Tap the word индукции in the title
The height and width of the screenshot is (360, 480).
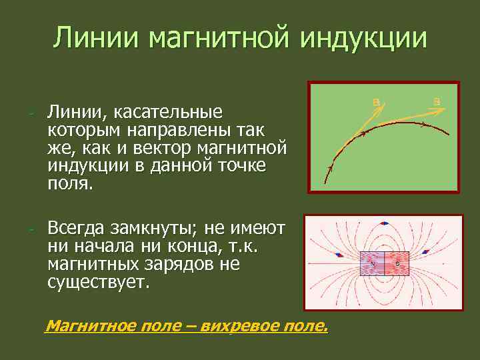click(x=363, y=38)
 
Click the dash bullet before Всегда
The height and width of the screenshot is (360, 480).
click(x=31, y=230)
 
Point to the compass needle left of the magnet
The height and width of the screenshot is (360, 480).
click(x=339, y=255)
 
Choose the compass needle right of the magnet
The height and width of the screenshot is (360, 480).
click(x=425, y=252)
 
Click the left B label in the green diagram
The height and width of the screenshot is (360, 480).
click(x=376, y=101)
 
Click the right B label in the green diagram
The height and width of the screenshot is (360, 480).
click(x=437, y=101)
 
